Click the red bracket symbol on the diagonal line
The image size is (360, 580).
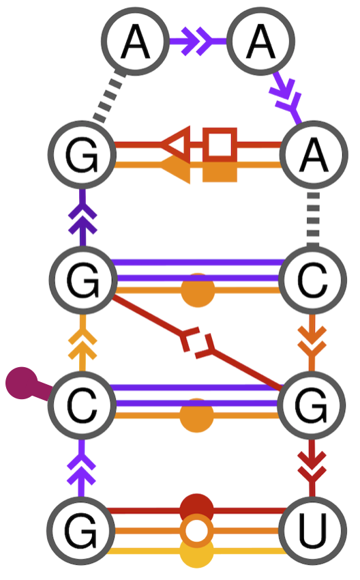tap(198, 341)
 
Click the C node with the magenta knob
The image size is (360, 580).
tap(82, 407)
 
